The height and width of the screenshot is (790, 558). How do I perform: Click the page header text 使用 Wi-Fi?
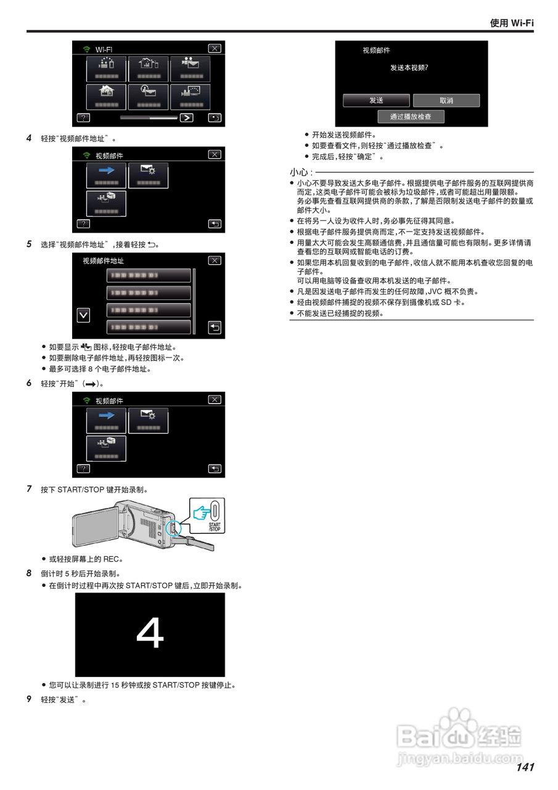tap(511, 23)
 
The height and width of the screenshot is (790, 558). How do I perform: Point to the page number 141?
tap(525, 767)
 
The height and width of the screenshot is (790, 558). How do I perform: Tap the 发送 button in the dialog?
tap(376, 101)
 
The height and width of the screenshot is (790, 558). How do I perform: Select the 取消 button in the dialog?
tap(446, 101)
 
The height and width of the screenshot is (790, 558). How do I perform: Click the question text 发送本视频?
tap(410, 67)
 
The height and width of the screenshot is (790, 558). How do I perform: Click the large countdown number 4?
tap(150, 634)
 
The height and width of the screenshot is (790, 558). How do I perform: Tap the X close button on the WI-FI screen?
tap(214, 49)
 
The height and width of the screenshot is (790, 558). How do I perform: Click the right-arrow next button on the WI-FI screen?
tap(186, 117)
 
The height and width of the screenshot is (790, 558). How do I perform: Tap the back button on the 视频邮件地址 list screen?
tap(214, 327)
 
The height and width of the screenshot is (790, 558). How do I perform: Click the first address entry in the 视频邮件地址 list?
tap(149, 275)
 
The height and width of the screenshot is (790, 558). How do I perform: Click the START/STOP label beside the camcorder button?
tap(214, 527)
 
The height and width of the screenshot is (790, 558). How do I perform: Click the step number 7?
tap(29, 489)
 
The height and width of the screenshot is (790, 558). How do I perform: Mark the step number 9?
tap(29, 699)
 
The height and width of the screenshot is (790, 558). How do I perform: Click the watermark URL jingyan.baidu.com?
tap(460, 757)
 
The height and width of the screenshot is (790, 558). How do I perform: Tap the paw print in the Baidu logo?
tap(459, 721)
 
